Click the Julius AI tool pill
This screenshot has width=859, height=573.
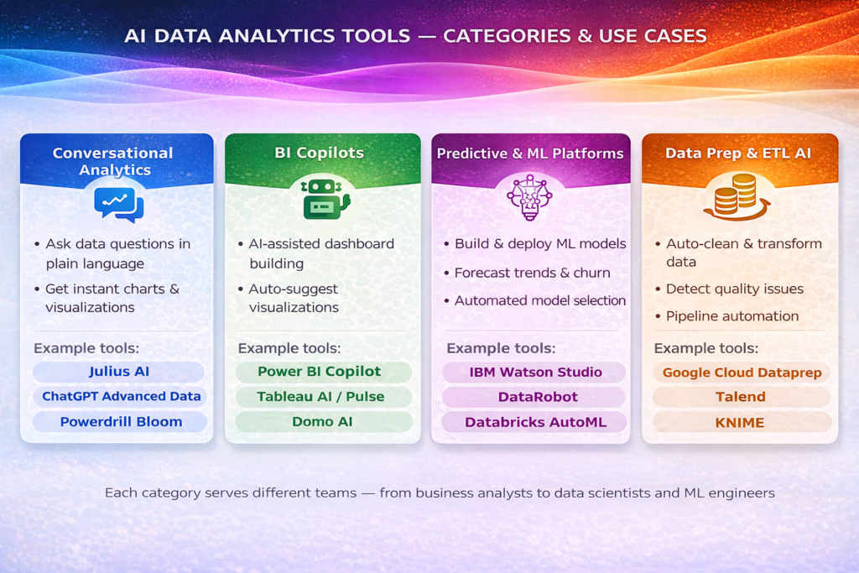pyautogui.click(x=118, y=372)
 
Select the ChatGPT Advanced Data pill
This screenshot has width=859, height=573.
pyautogui.click(x=122, y=396)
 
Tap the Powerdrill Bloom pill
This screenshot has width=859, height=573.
pyautogui.click(x=121, y=421)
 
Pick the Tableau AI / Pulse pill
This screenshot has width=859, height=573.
pyautogui.click(x=323, y=396)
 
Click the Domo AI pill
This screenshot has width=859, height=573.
pyautogui.click(x=323, y=421)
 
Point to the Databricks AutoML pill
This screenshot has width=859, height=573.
pyautogui.click(x=536, y=421)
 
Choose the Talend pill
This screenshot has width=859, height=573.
pyautogui.click(x=740, y=396)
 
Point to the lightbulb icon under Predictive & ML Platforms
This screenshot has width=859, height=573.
pyautogui.click(x=528, y=198)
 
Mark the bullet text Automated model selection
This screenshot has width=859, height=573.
pyautogui.click(x=539, y=300)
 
